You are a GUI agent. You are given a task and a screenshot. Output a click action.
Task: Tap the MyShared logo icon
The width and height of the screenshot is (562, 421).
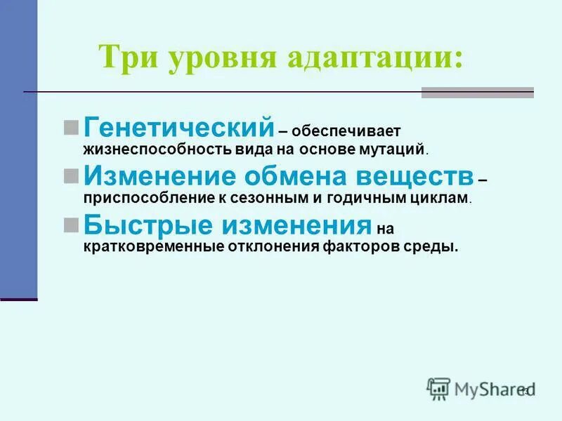(438, 389)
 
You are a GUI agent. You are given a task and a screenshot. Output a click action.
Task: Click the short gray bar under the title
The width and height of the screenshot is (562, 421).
(477, 93)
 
